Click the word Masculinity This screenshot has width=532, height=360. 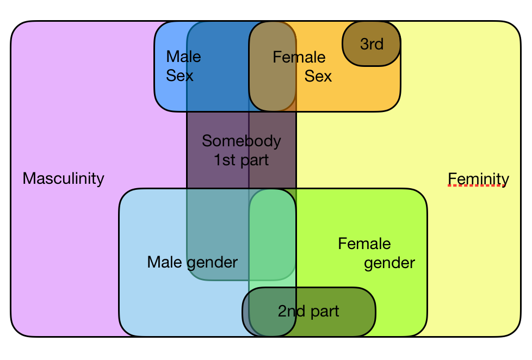point(63,178)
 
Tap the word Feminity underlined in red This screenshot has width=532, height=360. point(478,179)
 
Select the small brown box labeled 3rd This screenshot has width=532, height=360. point(372,44)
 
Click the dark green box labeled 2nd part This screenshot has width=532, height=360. point(308,311)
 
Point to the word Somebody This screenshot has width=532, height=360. point(241,141)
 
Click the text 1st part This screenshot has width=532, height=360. point(241,160)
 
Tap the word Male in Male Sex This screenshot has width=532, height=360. point(183,57)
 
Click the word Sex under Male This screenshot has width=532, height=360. point(180,76)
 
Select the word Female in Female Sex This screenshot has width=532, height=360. point(299,57)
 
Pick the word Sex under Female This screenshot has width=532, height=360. point(318,76)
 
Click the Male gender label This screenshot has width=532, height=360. point(192,263)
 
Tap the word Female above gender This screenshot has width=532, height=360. point(364,244)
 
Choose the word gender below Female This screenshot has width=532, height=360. point(389,263)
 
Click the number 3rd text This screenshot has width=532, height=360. point(372,44)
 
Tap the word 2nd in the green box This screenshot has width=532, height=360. point(290,312)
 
